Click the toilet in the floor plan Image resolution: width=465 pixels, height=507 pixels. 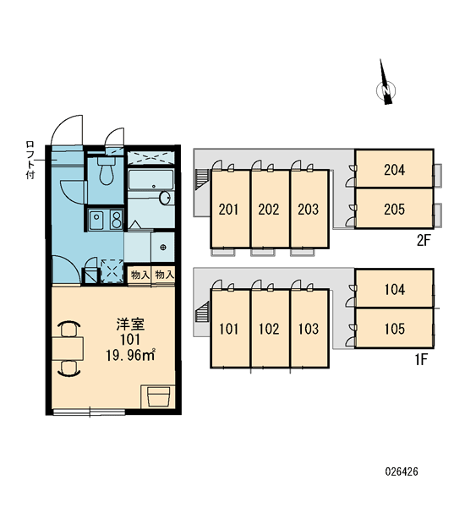[106, 171]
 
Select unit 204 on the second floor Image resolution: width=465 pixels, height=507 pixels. [394, 169]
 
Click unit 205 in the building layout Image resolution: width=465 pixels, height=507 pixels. [394, 209]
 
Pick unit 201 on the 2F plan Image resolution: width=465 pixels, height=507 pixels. [230, 209]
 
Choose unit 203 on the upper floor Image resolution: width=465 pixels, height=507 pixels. [309, 209]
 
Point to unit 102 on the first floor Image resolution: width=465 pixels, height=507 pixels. [270, 329]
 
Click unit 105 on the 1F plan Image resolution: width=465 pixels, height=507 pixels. [395, 329]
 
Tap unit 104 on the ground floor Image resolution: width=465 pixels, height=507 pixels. [395, 289]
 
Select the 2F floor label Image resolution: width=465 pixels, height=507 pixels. [424, 240]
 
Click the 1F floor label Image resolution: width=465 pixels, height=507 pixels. [422, 360]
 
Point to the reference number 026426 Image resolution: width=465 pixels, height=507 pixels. [402, 472]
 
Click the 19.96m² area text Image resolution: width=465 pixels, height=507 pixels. [131, 355]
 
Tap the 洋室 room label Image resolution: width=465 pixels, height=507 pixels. [131, 324]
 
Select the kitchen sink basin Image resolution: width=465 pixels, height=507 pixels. [96, 220]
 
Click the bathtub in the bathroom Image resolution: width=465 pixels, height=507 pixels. [150, 179]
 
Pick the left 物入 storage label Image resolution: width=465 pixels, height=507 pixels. [139, 275]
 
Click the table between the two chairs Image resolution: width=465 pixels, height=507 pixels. [68, 348]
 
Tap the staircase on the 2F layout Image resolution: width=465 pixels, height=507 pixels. [201, 179]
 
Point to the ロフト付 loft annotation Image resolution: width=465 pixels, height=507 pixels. [30, 160]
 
